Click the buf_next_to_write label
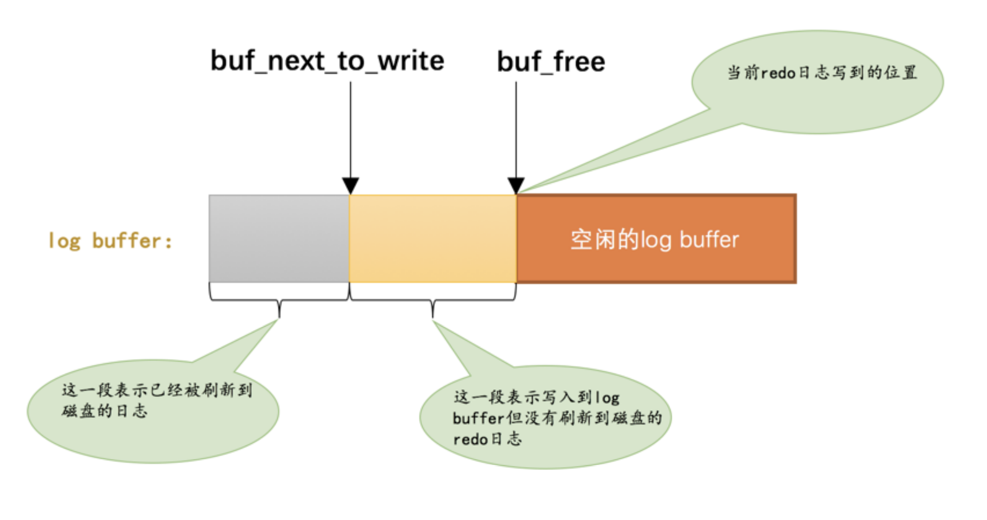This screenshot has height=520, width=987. point(327,61)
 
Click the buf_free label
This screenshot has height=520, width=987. point(551,62)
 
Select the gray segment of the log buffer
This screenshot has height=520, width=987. point(279,239)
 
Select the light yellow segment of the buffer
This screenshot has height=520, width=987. point(432,239)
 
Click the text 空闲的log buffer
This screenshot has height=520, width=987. point(654,240)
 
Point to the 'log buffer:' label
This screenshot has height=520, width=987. point(110,241)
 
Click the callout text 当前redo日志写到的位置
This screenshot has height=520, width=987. point(822,73)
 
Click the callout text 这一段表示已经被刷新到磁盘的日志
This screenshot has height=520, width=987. point(156,400)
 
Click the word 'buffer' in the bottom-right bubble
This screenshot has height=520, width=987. point(478,418)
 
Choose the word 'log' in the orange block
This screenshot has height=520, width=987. point(656,240)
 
